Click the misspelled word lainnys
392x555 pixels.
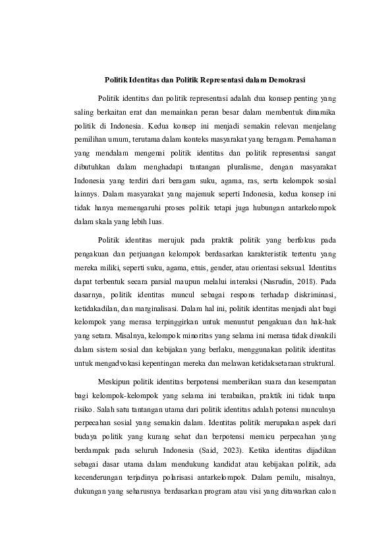click(x=80, y=194)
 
